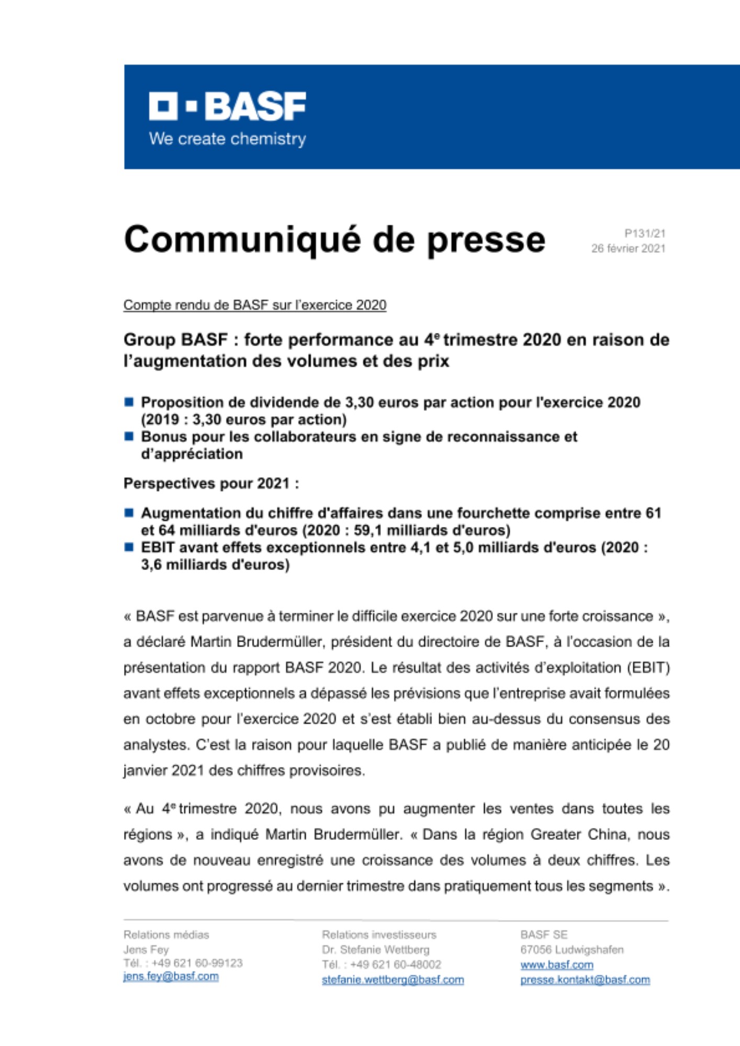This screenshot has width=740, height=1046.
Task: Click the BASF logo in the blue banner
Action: pyautogui.click(x=227, y=106)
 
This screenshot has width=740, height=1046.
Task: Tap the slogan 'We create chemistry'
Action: pyautogui.click(x=227, y=139)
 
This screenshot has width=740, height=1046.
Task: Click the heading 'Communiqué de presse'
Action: pyautogui.click(x=334, y=240)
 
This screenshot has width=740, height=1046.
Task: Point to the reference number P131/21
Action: pyautogui.click(x=645, y=233)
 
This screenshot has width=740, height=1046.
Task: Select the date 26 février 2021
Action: pyautogui.click(x=628, y=248)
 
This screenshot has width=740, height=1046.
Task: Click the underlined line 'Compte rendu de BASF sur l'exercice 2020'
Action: pyautogui.click(x=255, y=305)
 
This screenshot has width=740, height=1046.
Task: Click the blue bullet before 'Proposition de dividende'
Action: pyautogui.click(x=129, y=402)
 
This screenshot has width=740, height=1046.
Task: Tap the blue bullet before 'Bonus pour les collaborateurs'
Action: pyautogui.click(x=129, y=436)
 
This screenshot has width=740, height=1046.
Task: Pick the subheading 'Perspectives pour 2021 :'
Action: pyautogui.click(x=211, y=483)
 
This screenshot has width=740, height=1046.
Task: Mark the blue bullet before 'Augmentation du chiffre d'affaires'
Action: pyautogui.click(x=129, y=513)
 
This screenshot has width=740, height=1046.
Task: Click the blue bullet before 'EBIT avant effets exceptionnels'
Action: pyautogui.click(x=129, y=547)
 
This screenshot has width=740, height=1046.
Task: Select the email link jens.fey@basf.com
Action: pyautogui.click(x=171, y=976)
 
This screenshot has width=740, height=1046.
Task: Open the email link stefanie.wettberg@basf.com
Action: pyautogui.click(x=393, y=980)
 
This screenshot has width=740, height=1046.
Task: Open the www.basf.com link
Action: pyautogui.click(x=556, y=964)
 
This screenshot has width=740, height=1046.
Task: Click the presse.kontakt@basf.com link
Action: pyautogui.click(x=585, y=980)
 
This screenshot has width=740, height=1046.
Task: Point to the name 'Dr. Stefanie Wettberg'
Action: pyautogui.click(x=375, y=949)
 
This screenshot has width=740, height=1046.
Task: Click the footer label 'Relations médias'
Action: pyautogui.click(x=166, y=935)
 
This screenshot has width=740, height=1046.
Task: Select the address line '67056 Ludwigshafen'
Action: pyautogui.click(x=571, y=949)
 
